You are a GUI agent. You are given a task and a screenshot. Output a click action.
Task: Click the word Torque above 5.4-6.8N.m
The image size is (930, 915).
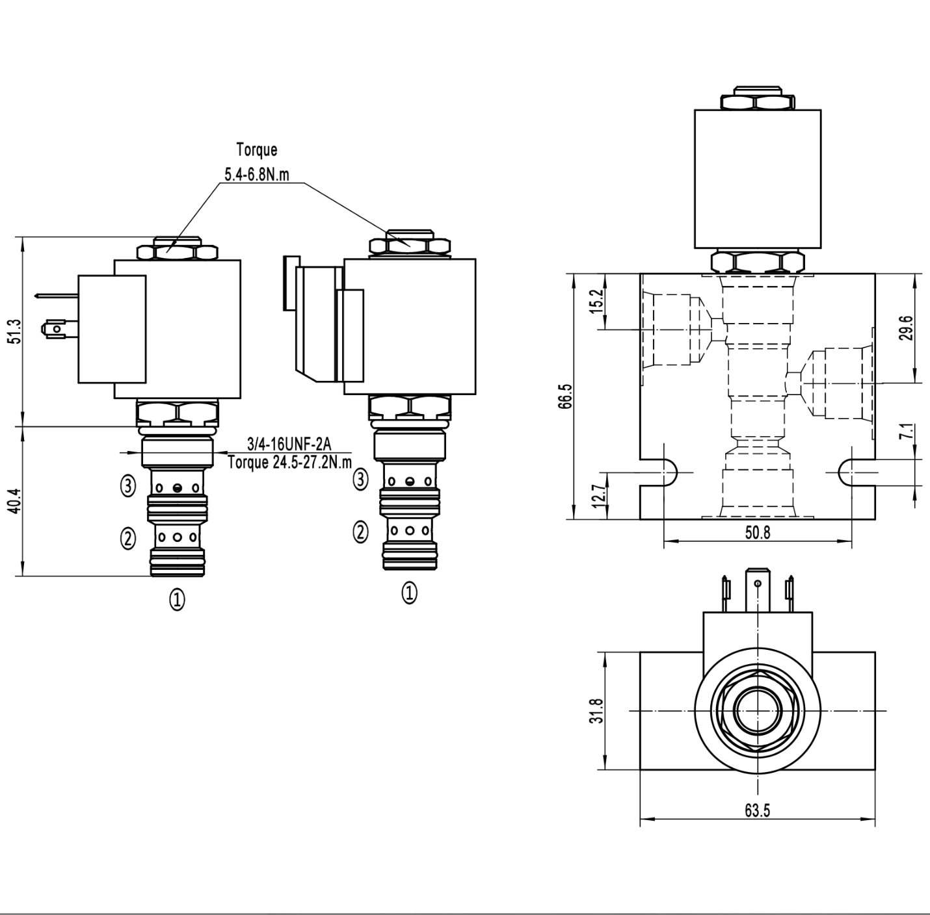[256, 150]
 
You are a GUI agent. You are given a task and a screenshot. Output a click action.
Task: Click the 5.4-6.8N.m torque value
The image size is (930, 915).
[257, 175]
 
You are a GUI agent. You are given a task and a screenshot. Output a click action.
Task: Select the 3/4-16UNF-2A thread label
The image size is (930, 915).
[289, 445]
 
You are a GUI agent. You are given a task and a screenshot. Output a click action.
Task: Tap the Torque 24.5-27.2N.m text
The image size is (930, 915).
[289, 463]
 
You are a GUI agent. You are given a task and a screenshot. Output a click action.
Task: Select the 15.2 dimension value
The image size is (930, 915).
[598, 302]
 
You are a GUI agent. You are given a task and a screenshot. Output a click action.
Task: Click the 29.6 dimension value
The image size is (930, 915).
[908, 328]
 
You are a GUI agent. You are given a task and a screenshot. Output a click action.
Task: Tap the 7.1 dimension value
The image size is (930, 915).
[908, 432]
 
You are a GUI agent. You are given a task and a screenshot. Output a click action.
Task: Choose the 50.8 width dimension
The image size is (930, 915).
[757, 533]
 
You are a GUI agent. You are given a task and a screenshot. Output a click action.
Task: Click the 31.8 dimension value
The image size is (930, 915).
[598, 711]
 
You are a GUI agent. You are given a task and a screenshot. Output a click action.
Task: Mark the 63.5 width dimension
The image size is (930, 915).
[757, 810]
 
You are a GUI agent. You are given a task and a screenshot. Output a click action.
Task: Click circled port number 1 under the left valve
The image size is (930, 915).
[177, 599]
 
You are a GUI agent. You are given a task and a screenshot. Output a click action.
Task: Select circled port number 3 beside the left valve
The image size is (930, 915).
[128, 485]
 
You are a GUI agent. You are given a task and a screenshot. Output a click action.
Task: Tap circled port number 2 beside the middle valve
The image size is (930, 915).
[360, 532]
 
